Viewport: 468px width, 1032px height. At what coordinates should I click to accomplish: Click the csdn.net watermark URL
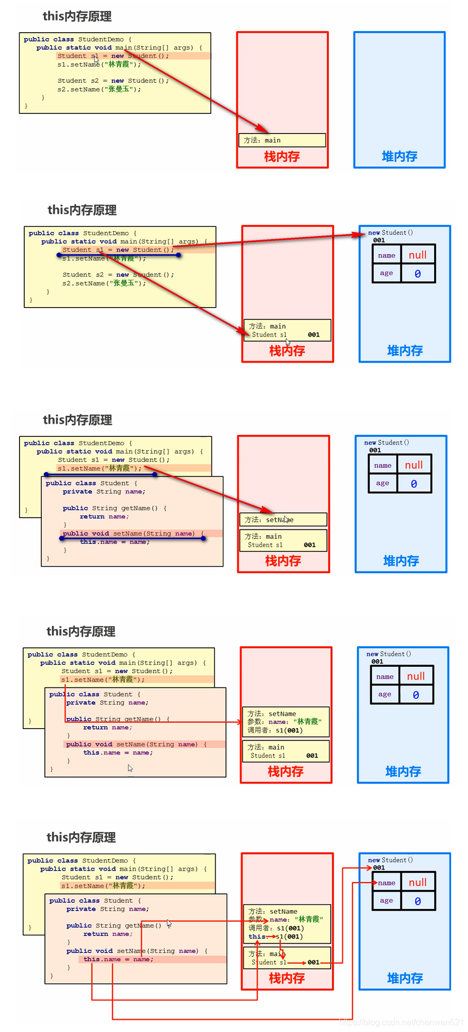click(401, 1022)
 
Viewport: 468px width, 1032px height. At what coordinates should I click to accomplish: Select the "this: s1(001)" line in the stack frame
click(276, 937)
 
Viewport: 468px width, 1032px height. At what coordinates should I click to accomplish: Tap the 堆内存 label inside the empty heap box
click(399, 156)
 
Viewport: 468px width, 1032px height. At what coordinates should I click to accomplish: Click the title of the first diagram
click(77, 16)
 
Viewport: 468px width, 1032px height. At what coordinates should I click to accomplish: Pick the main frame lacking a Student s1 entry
click(282, 140)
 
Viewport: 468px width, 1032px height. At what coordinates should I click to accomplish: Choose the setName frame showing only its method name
click(283, 520)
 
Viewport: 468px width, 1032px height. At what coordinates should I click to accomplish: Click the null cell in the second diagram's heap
click(417, 255)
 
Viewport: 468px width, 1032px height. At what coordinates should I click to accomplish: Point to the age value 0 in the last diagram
click(417, 901)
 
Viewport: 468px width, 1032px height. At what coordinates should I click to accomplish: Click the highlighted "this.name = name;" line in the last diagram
click(118, 959)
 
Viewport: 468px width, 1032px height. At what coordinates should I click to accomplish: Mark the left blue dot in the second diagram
click(59, 255)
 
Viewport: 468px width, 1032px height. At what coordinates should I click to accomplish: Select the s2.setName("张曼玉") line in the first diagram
click(99, 89)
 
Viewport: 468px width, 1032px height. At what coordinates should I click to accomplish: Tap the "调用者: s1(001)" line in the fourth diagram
click(275, 730)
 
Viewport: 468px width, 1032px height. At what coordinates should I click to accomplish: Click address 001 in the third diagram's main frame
click(310, 545)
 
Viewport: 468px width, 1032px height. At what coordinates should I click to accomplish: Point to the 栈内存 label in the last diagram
click(287, 978)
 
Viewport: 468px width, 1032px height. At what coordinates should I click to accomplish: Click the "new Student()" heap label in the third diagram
click(387, 443)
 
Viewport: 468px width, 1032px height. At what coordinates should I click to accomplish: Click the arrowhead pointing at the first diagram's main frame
click(264, 130)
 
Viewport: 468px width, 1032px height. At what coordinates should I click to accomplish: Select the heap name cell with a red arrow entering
click(387, 883)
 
